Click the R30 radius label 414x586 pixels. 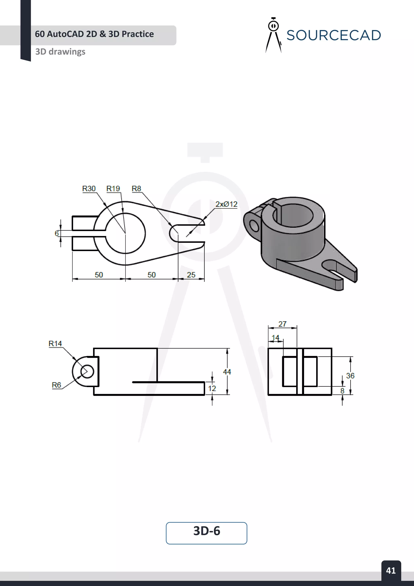coord(89,189)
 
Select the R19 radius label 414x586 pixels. coord(113,189)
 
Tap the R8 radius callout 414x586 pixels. coord(136,189)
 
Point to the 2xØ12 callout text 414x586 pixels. coord(226,204)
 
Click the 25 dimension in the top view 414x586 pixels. coord(191,275)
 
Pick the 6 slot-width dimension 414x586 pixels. coord(57,233)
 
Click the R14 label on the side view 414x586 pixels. coord(55,344)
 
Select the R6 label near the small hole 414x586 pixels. coord(56,385)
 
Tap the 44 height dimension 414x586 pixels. coord(227,372)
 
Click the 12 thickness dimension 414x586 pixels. coord(212,389)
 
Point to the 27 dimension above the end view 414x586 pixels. coord(282,324)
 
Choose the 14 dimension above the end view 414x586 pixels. coord(275,338)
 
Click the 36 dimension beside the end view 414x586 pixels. coord(350,376)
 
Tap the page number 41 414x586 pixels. coord(391,570)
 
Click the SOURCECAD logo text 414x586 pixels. coord(333,35)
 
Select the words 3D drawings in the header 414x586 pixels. coord(60,52)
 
